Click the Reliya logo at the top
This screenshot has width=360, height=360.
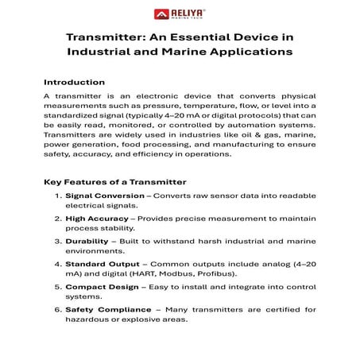pos(180,13)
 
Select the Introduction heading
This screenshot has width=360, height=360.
pos(74,82)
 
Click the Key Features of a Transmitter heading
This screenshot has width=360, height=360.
pos(115,182)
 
